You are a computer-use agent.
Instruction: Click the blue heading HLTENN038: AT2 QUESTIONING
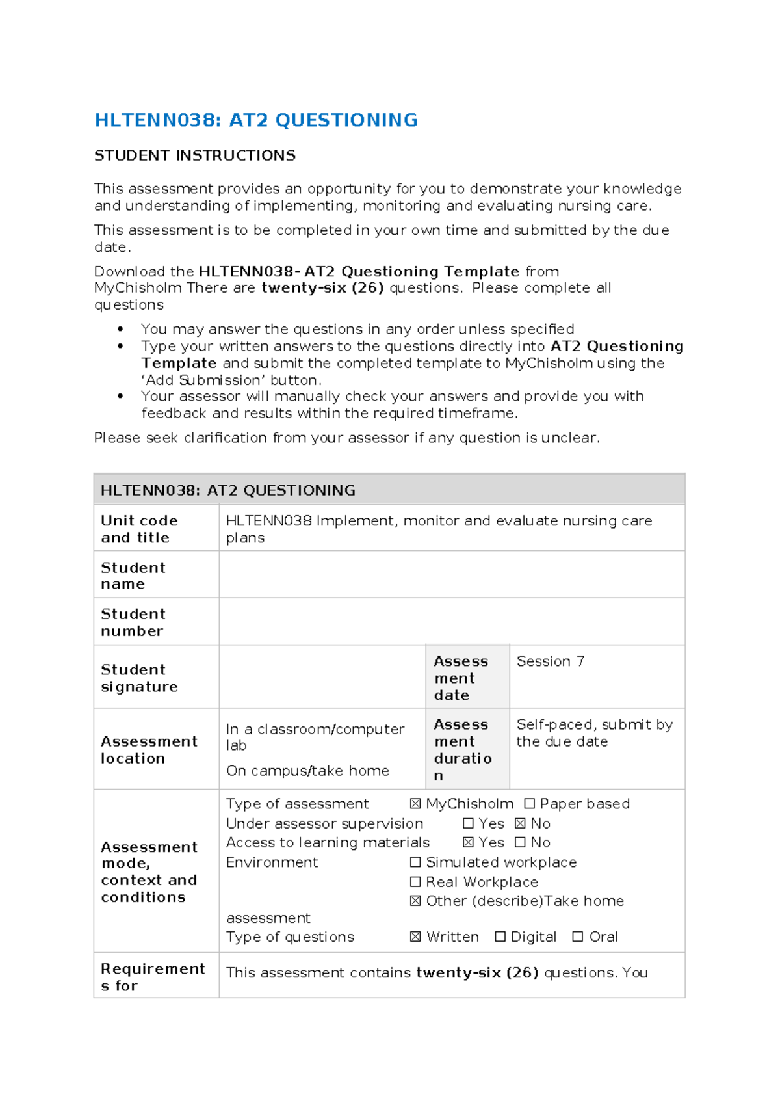click(x=256, y=120)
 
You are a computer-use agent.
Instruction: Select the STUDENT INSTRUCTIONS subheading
click(x=195, y=155)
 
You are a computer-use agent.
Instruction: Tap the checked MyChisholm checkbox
click(x=415, y=804)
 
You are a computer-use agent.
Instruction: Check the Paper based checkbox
click(x=529, y=804)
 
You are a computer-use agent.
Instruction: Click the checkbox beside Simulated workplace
click(x=415, y=862)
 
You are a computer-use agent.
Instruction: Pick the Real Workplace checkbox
click(x=415, y=882)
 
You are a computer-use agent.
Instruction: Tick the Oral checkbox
click(x=577, y=937)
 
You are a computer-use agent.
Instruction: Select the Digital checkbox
click(x=500, y=937)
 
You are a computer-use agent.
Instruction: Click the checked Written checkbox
click(x=415, y=937)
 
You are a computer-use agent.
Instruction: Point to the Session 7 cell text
click(x=550, y=661)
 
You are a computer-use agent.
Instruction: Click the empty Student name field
click(x=451, y=575)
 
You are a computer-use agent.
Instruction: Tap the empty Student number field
click(x=451, y=622)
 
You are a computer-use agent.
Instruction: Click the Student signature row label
click(x=139, y=678)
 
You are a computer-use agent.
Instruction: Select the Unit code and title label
click(x=139, y=529)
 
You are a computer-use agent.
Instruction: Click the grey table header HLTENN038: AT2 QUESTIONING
click(x=227, y=490)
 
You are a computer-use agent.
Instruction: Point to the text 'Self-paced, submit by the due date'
click(x=593, y=733)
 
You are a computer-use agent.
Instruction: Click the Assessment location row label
click(x=148, y=749)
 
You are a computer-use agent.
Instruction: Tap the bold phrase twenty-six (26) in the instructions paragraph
click(x=322, y=288)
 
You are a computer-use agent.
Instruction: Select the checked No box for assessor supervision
click(x=520, y=823)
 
